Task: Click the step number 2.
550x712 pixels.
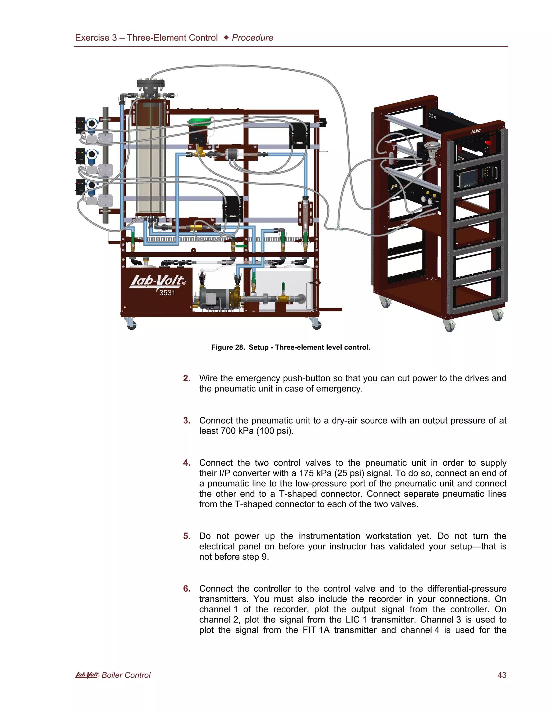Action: pos(186,378)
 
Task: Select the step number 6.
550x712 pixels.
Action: pos(186,588)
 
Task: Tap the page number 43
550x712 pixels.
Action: pos(502,675)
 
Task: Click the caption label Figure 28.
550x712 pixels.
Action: pos(228,347)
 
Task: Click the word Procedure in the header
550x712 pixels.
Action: pos(252,38)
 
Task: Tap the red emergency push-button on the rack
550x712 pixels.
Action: pos(488,142)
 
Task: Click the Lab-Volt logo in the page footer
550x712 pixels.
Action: pos(87,675)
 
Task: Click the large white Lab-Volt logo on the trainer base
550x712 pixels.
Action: pos(157,281)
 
